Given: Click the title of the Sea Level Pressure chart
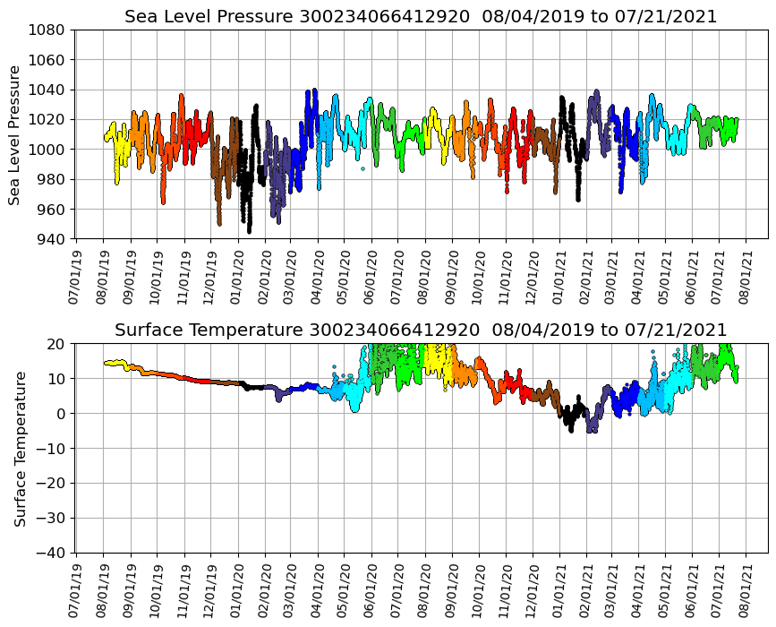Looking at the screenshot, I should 421,17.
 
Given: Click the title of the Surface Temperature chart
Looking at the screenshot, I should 421,331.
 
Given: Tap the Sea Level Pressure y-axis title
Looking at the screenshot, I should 15,134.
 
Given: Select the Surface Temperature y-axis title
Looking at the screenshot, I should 20,448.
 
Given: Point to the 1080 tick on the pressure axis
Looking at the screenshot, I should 49,30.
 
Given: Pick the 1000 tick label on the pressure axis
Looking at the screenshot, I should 49,150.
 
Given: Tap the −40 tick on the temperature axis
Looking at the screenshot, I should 53,553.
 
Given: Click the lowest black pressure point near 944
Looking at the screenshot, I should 249,232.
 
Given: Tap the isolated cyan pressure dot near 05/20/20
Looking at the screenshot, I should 362,168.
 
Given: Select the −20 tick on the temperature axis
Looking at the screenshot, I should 53,483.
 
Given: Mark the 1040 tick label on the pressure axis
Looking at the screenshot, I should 49,90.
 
